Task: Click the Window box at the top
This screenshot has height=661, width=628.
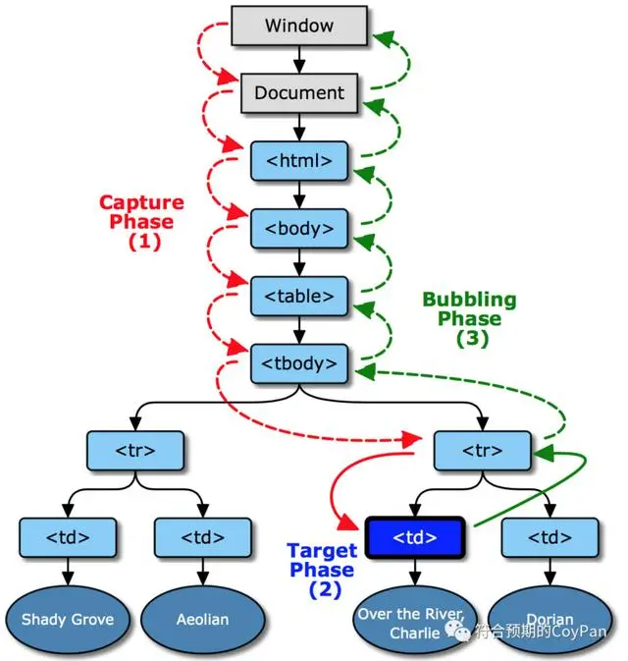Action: (298, 27)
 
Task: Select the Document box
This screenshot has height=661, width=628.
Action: (298, 93)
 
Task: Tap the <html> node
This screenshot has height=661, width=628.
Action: (298, 160)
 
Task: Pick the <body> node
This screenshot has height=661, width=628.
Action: (298, 228)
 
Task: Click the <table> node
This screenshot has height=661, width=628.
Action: (298, 296)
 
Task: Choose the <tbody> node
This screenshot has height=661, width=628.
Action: (298, 363)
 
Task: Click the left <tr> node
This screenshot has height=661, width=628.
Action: (135, 450)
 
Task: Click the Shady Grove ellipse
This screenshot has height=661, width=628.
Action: (68, 619)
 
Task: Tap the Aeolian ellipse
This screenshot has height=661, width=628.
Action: (202, 619)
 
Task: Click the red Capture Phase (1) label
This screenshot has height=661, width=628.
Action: (142, 221)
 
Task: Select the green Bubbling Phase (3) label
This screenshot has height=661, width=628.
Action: (469, 317)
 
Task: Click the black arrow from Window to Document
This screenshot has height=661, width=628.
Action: (298, 60)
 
